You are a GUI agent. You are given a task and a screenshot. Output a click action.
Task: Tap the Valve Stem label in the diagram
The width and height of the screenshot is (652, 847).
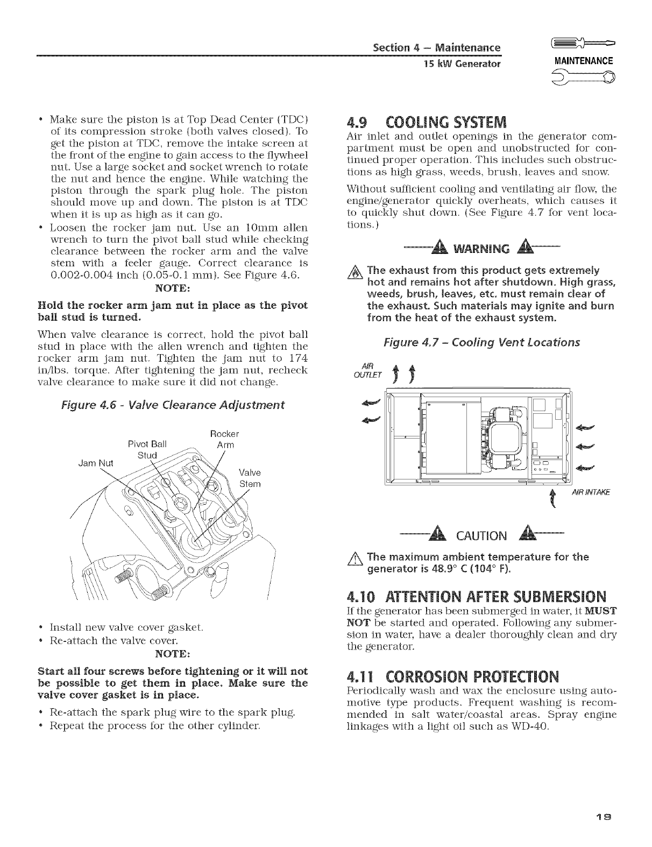click(x=249, y=478)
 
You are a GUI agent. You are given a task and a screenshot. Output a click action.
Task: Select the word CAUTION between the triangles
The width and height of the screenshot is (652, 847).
click(x=481, y=535)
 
